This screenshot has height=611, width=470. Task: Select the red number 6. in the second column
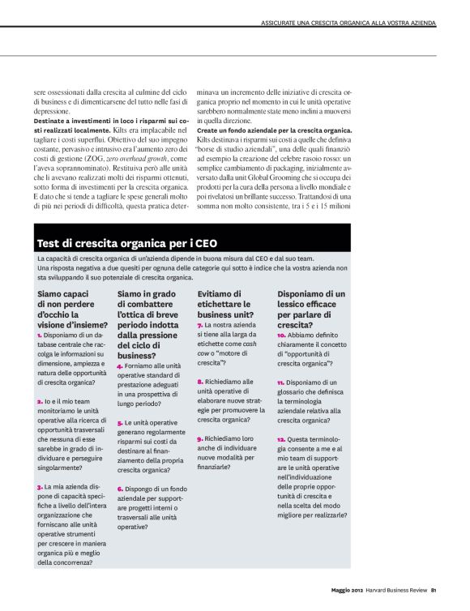point(120,488)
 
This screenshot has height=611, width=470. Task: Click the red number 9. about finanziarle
point(200,438)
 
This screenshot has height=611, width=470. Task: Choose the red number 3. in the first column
point(40,487)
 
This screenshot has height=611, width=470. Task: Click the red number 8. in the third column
point(200,381)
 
